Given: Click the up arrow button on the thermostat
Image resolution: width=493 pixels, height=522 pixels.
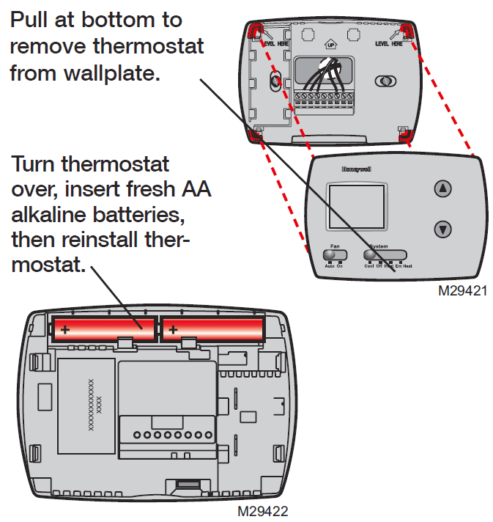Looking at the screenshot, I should tap(442, 189).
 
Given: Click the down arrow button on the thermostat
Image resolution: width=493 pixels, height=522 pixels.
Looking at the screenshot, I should tap(442, 229).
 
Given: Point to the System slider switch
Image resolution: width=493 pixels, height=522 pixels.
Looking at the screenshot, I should tap(386, 255).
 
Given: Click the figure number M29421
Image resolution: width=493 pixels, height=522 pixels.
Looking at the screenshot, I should tap(463, 290).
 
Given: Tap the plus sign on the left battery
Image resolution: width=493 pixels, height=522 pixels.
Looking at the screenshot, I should tap(65, 330).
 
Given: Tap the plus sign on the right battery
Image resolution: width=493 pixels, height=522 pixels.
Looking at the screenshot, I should tap(173, 330).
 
